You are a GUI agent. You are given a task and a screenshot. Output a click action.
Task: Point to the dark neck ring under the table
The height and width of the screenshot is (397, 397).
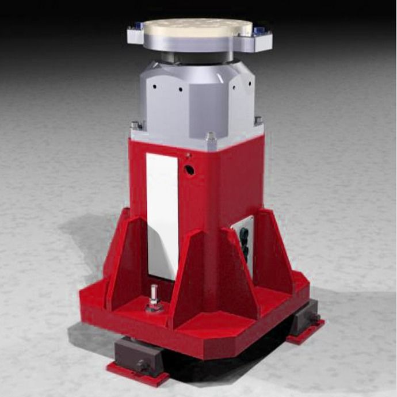click(x=196, y=58)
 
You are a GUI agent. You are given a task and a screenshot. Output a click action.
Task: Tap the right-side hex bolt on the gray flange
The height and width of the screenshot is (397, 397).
click(x=258, y=121)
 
